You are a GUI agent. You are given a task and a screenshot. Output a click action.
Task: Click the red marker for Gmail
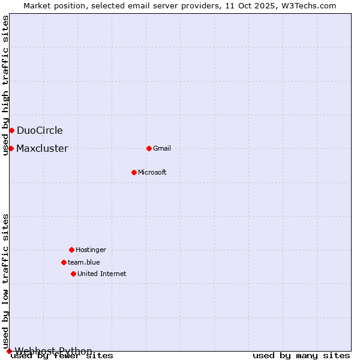coord(149,148)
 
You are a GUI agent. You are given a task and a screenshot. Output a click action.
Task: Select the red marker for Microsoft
coord(134,172)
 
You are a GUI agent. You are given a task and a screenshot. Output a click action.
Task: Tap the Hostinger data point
coord(71,250)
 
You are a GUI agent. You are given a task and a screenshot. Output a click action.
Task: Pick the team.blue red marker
coord(64,262)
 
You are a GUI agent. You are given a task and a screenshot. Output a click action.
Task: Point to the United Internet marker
coord(73,274)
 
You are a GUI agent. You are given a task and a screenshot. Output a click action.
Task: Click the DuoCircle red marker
coord(11,130)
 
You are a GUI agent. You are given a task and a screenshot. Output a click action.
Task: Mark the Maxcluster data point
coord(11,148)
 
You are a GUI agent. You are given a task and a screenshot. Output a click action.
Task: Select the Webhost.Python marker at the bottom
coord(9,351)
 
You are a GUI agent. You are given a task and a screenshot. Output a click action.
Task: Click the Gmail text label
coord(162,148)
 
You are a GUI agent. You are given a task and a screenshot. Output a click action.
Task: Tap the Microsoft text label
coord(152,172)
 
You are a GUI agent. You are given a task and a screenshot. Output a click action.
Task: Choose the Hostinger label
coord(91,250)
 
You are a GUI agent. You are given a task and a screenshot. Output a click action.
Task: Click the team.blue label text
coord(84,262)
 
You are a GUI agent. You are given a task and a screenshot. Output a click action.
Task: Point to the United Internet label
coord(102,274)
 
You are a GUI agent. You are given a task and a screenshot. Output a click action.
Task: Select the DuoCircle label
coord(40,130)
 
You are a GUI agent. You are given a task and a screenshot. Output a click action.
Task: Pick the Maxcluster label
coord(42,148)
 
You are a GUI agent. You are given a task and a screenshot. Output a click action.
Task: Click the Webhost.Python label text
coord(54,351)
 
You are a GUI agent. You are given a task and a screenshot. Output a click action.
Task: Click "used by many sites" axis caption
coord(301,355)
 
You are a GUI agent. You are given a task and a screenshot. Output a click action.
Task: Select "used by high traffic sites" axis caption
coord(5,86)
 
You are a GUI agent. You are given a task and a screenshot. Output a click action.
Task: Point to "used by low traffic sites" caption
coord(5,281)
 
